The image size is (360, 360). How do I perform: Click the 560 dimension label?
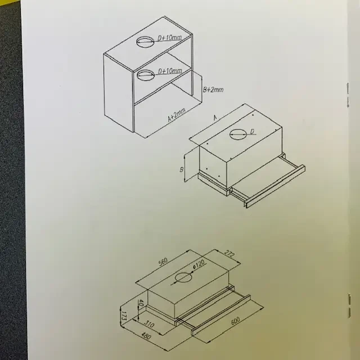pos(163,262)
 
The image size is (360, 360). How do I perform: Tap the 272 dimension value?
pos(229,254)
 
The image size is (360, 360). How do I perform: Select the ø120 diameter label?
pos(199,264)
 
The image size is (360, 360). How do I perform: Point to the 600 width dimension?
pos(235,321)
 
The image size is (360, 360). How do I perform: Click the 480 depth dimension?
pos(146,336)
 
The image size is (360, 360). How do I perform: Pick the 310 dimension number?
pos(149,323)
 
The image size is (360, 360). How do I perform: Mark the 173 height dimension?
pos(124,316)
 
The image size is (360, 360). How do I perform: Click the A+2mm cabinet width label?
pos(177,115)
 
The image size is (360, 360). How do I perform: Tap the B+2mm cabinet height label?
pos(213,89)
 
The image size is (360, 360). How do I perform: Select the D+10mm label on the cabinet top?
pos(170,38)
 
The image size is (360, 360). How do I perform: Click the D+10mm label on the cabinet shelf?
pos(170,71)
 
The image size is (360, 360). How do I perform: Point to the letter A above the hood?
pos(215,118)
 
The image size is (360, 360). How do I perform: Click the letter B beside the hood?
pos(181,170)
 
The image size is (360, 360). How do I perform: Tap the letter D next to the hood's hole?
pos(252,132)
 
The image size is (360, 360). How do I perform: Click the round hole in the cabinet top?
pos(145,42)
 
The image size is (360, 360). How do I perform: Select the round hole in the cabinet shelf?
pos(146,75)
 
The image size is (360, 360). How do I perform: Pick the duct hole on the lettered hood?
pos(238,134)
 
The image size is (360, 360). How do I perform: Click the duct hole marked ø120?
pos(183,277)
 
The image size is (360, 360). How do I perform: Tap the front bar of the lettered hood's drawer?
pos(276,186)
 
